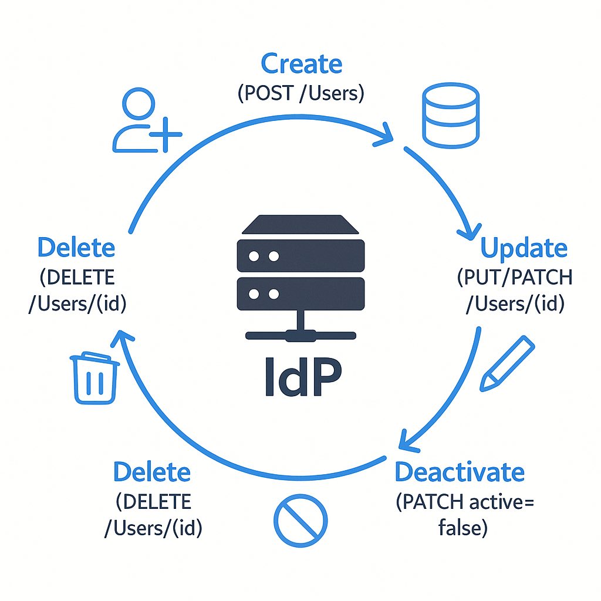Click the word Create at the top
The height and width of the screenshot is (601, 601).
(x=301, y=63)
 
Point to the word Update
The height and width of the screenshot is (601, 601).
(x=524, y=248)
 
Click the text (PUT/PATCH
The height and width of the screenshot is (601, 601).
(x=514, y=277)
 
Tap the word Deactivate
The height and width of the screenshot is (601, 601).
(x=460, y=472)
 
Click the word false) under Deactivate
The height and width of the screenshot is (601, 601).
(x=462, y=528)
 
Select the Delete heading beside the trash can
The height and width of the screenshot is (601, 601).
(x=76, y=248)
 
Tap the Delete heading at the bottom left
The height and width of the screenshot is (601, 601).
(x=152, y=472)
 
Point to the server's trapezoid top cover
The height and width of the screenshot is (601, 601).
(x=300, y=225)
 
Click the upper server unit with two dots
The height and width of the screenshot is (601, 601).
(x=300, y=256)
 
